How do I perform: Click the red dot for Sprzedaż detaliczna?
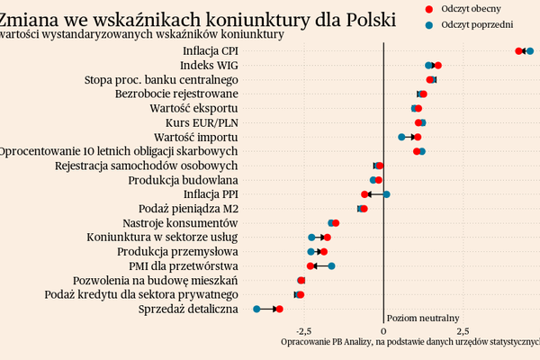(x=279, y=309)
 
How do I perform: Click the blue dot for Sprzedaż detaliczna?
(x=256, y=309)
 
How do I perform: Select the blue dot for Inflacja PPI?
(x=387, y=193)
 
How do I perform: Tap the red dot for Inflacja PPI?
(x=364, y=193)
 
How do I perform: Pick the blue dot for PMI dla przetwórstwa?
(x=331, y=265)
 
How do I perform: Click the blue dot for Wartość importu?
(x=401, y=137)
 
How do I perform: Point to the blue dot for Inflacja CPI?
(x=530, y=51)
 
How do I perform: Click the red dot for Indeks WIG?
(x=438, y=66)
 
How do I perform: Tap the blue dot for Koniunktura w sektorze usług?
(x=311, y=237)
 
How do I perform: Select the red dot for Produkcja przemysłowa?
(x=324, y=251)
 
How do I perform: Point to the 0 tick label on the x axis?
(x=384, y=329)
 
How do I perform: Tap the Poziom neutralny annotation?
(x=423, y=318)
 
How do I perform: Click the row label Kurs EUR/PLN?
(x=202, y=122)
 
